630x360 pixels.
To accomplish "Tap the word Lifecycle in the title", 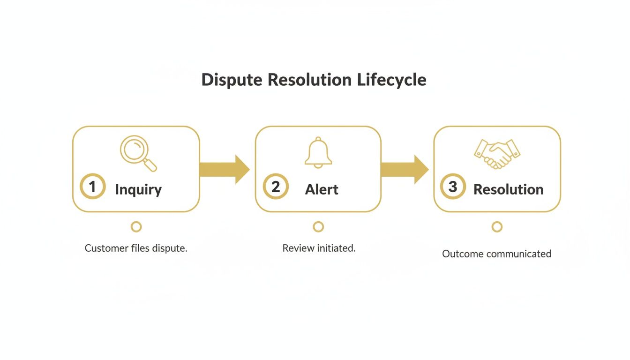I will pos(391,80).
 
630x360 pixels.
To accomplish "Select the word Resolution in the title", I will pos(309,80).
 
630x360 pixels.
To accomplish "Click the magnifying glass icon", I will pos(138,153).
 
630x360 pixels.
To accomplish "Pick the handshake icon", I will pos(497,154).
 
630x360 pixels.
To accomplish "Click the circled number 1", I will pos(92,187).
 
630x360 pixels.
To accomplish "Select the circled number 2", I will pos(276,187).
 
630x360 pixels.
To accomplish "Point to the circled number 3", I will pos(453,187).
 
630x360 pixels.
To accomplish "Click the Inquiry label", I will pos(138,189).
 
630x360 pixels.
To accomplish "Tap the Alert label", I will pos(322,189).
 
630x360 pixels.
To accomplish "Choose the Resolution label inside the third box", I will pos(508,189).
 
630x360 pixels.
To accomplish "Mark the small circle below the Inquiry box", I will pos(136,227).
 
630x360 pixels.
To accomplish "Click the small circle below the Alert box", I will pos(318,227).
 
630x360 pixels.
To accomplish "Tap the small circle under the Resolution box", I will pos(497,227).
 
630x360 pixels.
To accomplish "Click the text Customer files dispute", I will pos(136,248).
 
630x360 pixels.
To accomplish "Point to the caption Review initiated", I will pos(319,248).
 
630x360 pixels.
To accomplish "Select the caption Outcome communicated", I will pos(496,254).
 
